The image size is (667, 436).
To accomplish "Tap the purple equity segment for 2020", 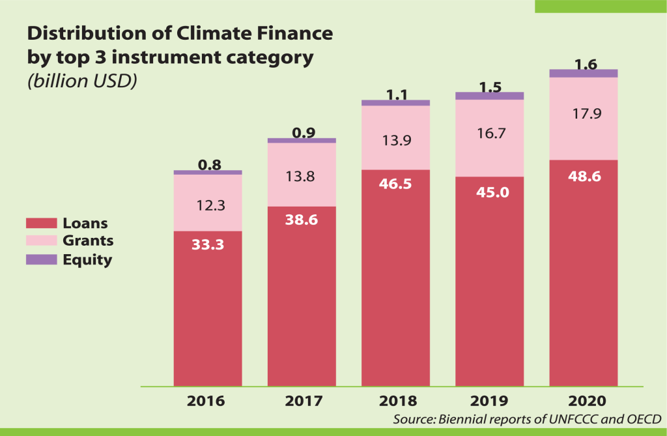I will pyautogui.click(x=584, y=74).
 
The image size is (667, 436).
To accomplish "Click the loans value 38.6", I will pyautogui.click(x=302, y=220).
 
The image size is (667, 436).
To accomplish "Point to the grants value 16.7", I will pyautogui.click(x=489, y=134).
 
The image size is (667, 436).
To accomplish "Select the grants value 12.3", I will pyautogui.click(x=207, y=205).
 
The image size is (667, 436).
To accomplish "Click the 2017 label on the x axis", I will pyautogui.click(x=302, y=400).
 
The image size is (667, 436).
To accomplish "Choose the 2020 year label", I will pyautogui.click(x=584, y=400).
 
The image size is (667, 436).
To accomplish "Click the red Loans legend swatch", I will pyautogui.click(x=41, y=224).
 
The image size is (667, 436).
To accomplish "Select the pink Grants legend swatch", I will pyautogui.click(x=41, y=241).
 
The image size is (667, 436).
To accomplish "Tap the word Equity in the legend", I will pyautogui.click(x=87, y=260).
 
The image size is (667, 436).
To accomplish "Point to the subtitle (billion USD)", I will pyautogui.click(x=81, y=83).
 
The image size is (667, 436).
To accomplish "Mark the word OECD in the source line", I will pyautogui.click(x=642, y=418).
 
